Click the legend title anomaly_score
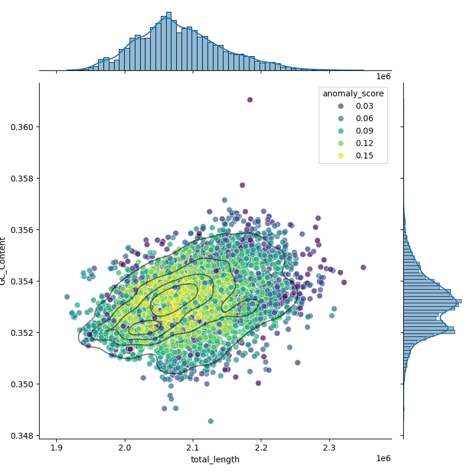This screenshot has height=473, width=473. point(353,94)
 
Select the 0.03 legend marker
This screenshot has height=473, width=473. point(341,106)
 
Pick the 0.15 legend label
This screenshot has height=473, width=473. point(364,155)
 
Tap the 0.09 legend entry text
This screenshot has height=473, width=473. point(364,131)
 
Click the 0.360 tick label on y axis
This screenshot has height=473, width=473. point(22,127)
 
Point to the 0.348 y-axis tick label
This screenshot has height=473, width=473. point(22,436)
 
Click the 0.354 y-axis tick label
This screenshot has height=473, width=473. point(22,281)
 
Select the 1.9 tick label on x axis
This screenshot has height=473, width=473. point(56,448)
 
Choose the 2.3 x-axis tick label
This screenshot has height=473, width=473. point(329,448)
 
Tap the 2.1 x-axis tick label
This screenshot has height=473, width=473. point(193,448)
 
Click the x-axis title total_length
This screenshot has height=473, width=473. point(215,459)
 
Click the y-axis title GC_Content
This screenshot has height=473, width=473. point(3,261)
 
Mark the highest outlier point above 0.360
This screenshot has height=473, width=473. point(250,100)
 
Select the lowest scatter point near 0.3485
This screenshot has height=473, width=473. point(210,421)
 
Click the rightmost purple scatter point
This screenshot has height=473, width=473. point(363,267)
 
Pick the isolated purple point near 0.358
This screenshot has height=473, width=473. point(242,185)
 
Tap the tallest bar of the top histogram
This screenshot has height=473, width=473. point(169,41)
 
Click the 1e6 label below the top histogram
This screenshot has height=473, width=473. point(383,77)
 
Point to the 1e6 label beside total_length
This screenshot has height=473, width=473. point(383,459)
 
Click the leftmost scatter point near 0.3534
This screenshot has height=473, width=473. point(67,297)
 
